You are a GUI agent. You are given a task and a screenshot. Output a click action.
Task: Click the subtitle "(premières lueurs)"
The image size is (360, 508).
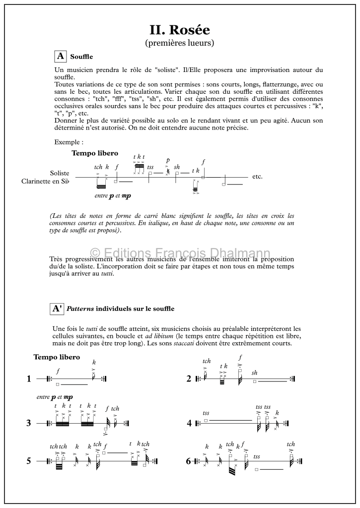[180, 43]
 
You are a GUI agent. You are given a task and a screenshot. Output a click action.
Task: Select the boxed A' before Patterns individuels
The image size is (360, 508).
[58, 309]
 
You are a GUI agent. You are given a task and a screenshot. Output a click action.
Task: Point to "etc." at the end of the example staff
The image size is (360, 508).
[257, 177]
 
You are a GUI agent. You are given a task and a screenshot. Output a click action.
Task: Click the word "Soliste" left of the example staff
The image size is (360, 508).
[60, 173]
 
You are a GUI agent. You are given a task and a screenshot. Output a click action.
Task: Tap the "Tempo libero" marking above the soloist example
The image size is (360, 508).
[95, 153]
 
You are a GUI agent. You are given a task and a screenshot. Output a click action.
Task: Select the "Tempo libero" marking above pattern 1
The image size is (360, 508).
[57, 357]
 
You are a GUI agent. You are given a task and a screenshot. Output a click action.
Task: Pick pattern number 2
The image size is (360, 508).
[189, 379]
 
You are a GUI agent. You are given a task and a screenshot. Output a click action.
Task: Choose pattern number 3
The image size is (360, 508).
[29, 423]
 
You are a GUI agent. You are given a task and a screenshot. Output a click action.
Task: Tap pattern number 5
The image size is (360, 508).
[29, 461]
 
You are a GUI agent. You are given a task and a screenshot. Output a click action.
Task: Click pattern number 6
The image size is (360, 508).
[189, 461]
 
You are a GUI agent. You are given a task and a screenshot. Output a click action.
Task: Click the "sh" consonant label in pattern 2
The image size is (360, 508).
[255, 373]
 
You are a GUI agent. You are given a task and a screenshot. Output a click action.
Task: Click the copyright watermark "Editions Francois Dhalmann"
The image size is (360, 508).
[180, 254]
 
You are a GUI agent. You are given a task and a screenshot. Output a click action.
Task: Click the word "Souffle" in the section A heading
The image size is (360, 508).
[81, 57]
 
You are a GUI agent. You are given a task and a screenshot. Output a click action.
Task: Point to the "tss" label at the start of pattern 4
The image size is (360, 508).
[206, 413]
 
